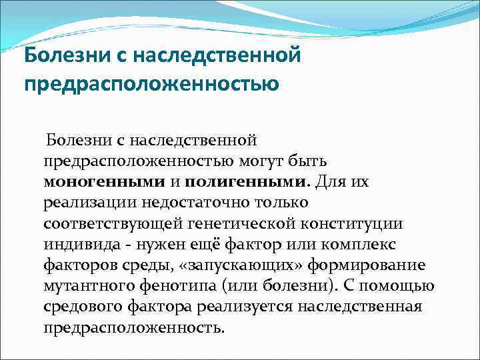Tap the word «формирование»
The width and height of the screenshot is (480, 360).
[373, 265]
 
